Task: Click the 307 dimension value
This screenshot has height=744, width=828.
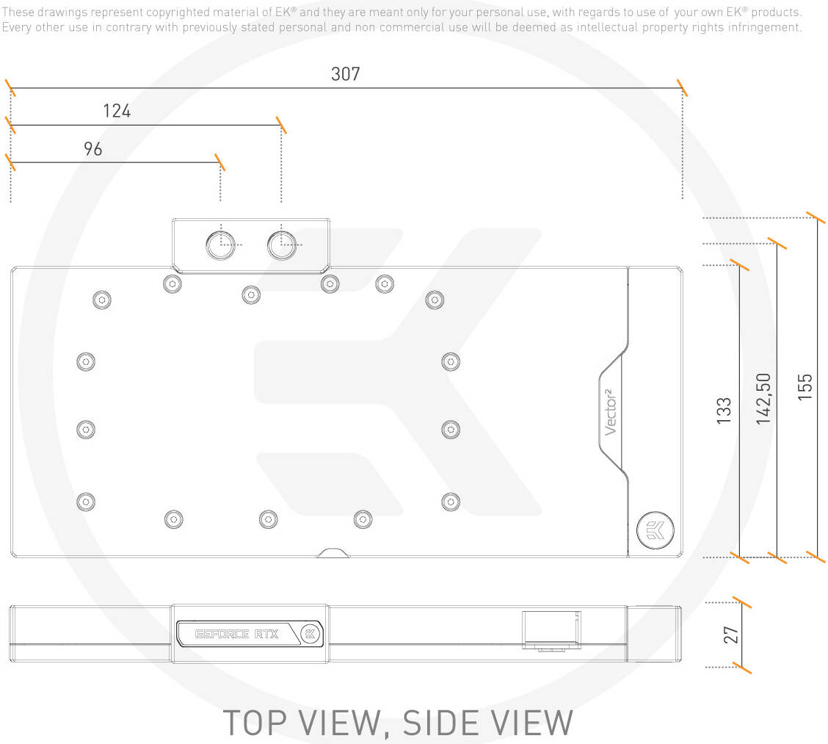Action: pyautogui.click(x=345, y=73)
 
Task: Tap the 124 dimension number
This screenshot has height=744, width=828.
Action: pyautogui.click(x=117, y=111)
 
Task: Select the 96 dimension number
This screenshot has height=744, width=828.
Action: pyautogui.click(x=93, y=148)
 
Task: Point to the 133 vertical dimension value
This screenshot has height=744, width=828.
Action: pyautogui.click(x=724, y=411)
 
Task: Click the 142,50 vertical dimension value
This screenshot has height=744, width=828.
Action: pyautogui.click(x=763, y=398)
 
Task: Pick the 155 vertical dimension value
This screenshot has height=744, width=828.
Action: pyautogui.click(x=805, y=387)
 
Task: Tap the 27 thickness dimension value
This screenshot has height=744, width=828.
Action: pyautogui.click(x=731, y=635)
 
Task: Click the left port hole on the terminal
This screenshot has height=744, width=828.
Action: pyautogui.click(x=221, y=245)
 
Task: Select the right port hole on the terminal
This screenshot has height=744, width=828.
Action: pyautogui.click(x=281, y=245)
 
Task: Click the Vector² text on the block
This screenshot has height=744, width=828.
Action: pyautogui.click(x=610, y=412)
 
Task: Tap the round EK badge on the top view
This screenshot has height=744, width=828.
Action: pyautogui.click(x=655, y=530)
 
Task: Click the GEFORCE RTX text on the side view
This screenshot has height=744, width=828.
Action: pyautogui.click(x=236, y=634)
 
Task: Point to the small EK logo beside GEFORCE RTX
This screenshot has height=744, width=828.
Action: pyautogui.click(x=310, y=634)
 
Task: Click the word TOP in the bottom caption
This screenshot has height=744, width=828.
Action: pyautogui.click(x=255, y=723)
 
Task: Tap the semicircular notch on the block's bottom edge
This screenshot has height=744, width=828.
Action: pyautogui.click(x=333, y=553)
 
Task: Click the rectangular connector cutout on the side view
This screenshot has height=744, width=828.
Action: pyautogui.click(x=551, y=629)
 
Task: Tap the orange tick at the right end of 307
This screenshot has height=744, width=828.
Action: pyautogui.click(x=682, y=87)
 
